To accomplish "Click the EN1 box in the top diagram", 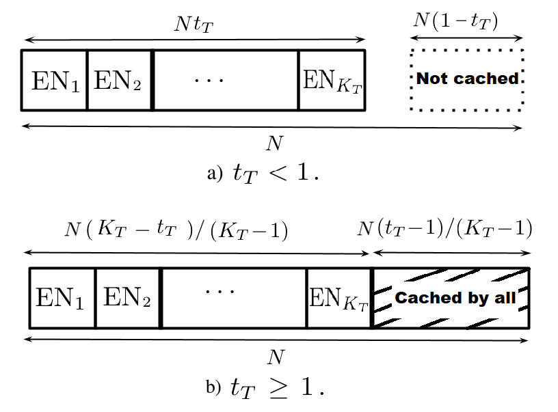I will (55, 80).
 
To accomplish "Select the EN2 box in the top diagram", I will (119, 80).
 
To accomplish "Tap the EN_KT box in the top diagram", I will (332, 80).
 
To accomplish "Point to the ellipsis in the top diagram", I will (208, 80).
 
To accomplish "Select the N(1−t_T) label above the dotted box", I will (455, 21).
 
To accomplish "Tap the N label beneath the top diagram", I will (274, 143).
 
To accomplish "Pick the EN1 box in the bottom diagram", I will (62, 298).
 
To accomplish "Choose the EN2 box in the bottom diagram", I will (127, 298).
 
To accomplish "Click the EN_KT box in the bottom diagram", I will (338, 298).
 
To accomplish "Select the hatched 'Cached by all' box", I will (451, 298).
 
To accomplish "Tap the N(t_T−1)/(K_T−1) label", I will (444, 228).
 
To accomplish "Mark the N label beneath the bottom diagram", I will (276, 357).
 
